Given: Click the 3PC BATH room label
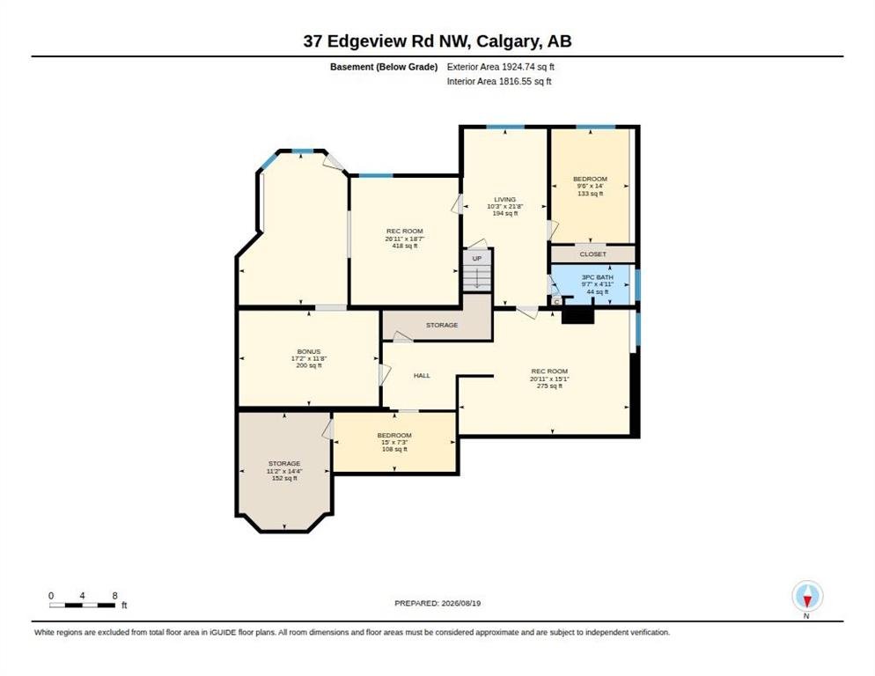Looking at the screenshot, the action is tap(597, 277).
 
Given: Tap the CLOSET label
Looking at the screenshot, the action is tap(592, 254).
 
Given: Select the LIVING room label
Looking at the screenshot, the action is tap(504, 199).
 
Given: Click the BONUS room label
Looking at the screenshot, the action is tap(309, 352).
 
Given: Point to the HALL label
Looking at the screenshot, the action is tap(422, 376).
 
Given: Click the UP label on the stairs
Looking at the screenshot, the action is tap(476, 259).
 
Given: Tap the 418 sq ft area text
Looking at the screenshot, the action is tap(405, 246).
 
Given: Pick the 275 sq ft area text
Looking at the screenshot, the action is tap(549, 386).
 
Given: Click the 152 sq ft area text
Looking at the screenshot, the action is tap(284, 478).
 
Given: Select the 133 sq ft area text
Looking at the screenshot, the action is tap(591, 194).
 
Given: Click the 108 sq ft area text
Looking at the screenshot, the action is tap(394, 449).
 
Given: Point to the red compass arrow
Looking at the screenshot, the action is tap(807, 601).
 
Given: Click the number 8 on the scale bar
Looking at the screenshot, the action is tap(115, 596).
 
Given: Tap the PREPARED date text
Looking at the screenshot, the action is tap(437, 604).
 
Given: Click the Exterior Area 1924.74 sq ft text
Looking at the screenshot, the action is tap(501, 67).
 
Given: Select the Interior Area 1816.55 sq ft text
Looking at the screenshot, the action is tap(499, 82).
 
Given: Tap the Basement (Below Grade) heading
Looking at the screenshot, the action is tap(384, 67).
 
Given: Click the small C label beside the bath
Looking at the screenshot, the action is tap(556, 301).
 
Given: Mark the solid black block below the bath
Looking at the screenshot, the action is tap(578, 315).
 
